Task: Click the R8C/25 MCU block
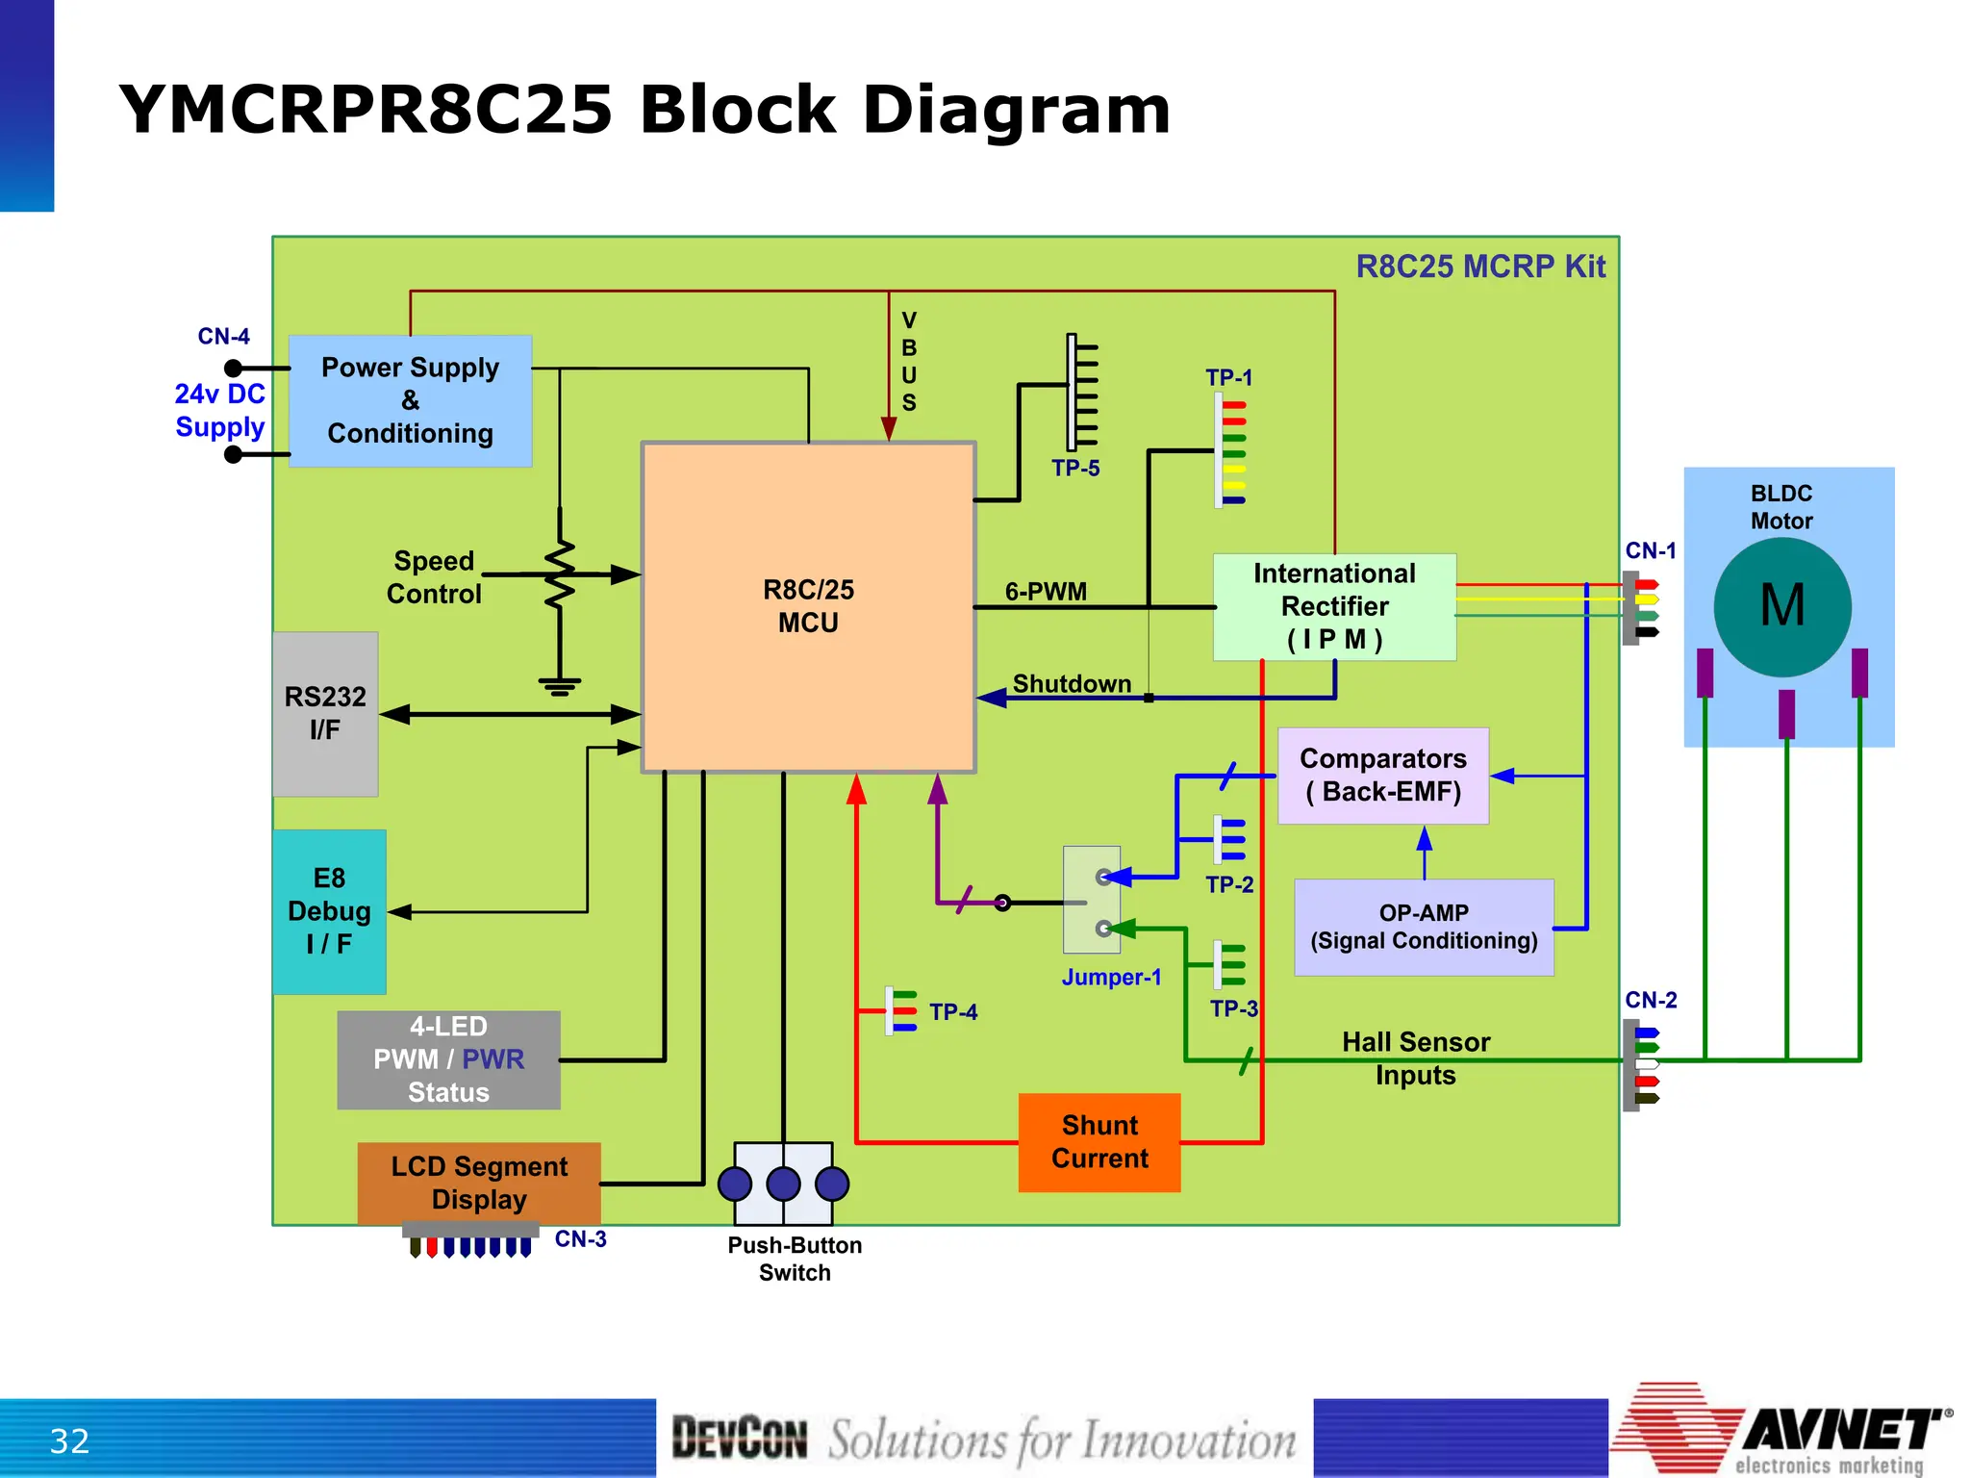pyautogui.click(x=808, y=606)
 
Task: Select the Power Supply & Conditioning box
pyautogui.click(x=411, y=400)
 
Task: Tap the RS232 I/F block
pyautogui.click(x=325, y=713)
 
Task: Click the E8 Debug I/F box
pyautogui.click(x=329, y=911)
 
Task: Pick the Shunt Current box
pyautogui.click(x=1099, y=1142)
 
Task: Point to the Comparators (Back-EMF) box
pyautogui.click(x=1382, y=776)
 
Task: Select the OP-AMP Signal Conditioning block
pyautogui.click(x=1424, y=927)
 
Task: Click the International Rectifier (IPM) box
pyautogui.click(x=1334, y=606)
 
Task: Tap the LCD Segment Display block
pyautogui.click(x=479, y=1183)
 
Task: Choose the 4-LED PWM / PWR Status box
pyautogui.click(x=448, y=1059)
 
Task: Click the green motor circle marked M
pyautogui.click(x=1782, y=606)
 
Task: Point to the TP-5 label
pyautogui.click(x=1074, y=469)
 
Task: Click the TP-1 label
pyautogui.click(x=1228, y=377)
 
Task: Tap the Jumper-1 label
pyautogui.click(x=1111, y=978)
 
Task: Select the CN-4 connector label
pyautogui.click(x=223, y=337)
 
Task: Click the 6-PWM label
pyautogui.click(x=1046, y=591)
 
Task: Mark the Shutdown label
pyautogui.click(x=1072, y=683)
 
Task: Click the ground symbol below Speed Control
pyautogui.click(x=560, y=686)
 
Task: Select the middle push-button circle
pyautogui.click(x=783, y=1184)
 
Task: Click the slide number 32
pyautogui.click(x=69, y=1440)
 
